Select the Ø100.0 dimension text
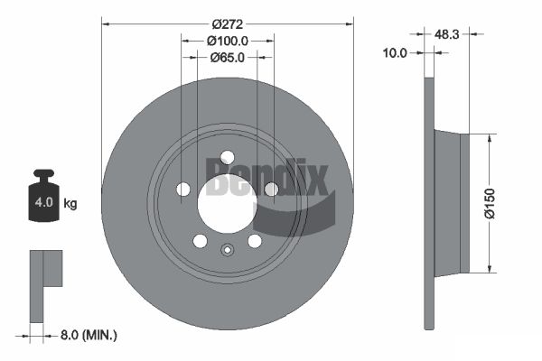[227, 41]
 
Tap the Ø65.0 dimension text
[229, 57]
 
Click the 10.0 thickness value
[395, 53]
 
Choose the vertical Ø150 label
[489, 203]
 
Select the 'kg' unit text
[70, 203]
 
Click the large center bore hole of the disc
[227, 201]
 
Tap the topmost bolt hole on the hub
[227, 157]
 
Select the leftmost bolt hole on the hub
[183, 190]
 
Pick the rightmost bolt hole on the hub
[270, 189]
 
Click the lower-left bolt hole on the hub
[200, 241]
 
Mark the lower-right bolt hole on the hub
[255, 241]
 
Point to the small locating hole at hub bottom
[227, 250]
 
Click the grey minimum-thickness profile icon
[42, 280]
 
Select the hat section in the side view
[452, 203]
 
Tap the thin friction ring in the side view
[429, 203]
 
